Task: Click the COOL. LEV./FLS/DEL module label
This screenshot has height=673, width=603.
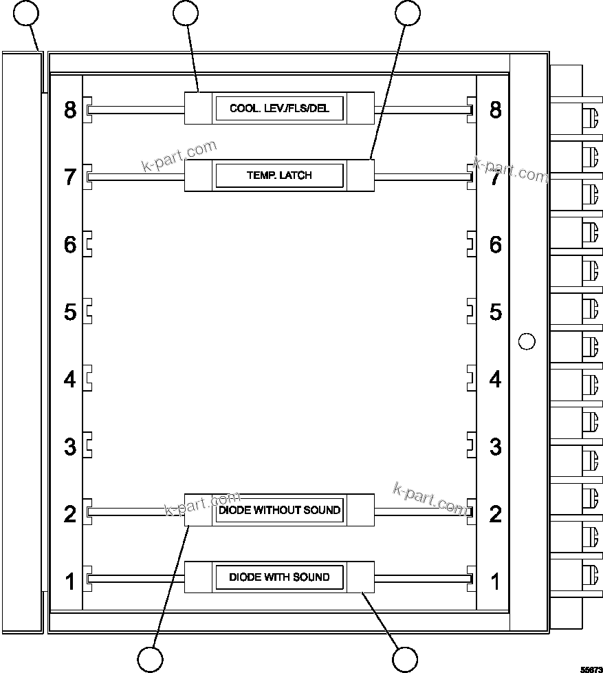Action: pos(279,109)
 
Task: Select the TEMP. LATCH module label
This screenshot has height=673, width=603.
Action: pos(279,175)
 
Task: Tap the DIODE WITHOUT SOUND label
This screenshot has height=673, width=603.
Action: pos(279,511)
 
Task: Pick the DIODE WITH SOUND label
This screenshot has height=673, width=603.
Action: pos(279,577)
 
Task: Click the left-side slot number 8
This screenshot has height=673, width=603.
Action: pos(70,109)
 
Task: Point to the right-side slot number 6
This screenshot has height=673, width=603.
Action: pos(495,244)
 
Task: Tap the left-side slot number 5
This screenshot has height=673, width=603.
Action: pos(70,312)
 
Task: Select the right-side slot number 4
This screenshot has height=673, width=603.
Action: pos(495,379)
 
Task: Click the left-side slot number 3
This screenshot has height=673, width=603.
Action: pos(70,447)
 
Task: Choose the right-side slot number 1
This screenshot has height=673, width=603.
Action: pos(495,581)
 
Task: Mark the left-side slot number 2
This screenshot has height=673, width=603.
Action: pos(70,514)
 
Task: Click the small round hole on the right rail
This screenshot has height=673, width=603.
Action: pos(526,341)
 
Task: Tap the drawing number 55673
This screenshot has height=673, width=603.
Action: pos(591,668)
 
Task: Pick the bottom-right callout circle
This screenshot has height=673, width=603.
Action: pos(405,659)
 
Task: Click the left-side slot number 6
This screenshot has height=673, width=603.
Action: pos(70,244)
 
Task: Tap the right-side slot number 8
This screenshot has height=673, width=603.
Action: pos(495,109)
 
